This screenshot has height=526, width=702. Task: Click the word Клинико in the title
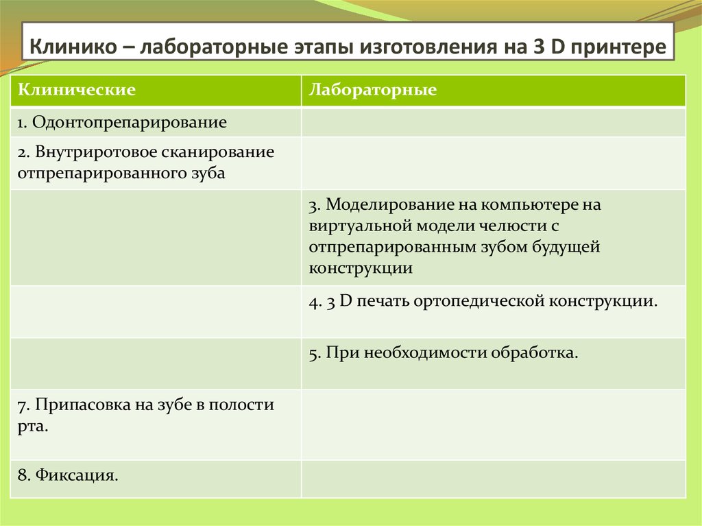coord(73,47)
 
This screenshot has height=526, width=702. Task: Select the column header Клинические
coord(77,90)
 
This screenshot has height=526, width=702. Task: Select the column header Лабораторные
coord(372,90)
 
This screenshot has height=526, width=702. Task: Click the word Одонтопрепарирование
coord(130,123)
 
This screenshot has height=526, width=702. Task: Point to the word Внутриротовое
coord(96,152)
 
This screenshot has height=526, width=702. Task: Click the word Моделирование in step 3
coord(390,205)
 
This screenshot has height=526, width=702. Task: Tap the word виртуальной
coord(361,226)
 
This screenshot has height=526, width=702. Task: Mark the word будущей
coord(566,248)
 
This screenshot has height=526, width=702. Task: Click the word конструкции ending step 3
coord(361,269)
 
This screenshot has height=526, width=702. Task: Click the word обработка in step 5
coord(535,352)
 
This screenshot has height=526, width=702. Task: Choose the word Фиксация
coord(77,475)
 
